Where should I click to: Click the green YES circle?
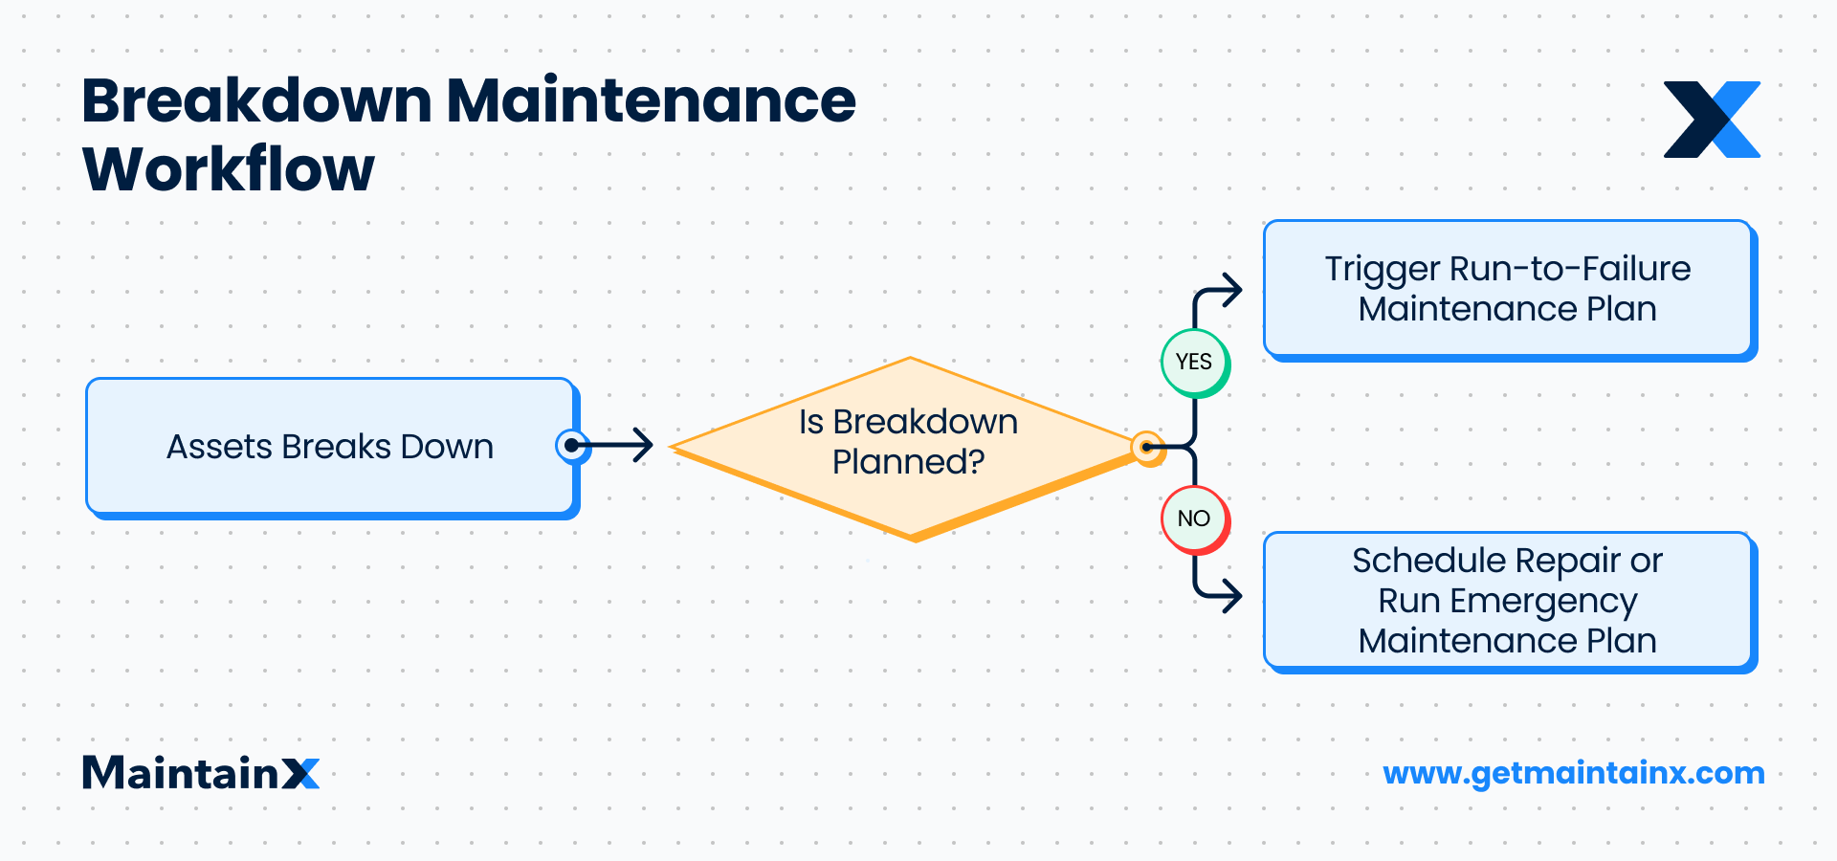[x=1194, y=362]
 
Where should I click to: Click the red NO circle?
[x=1194, y=519]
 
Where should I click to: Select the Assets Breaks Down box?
[x=330, y=447]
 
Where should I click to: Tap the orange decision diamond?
[x=909, y=446]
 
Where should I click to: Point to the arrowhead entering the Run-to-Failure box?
[x=1234, y=290]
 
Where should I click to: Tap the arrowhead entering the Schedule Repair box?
[x=1234, y=596]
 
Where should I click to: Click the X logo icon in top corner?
[x=1712, y=120]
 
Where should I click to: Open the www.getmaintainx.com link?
[x=1573, y=773]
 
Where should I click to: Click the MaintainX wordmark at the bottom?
[x=200, y=773]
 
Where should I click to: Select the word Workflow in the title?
[x=229, y=170]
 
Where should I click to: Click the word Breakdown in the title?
[x=257, y=100]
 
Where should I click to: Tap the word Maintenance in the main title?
[x=651, y=100]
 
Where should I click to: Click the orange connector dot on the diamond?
[x=1146, y=447]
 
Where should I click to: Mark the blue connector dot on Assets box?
[x=571, y=445]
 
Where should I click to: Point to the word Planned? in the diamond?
[x=908, y=463]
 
